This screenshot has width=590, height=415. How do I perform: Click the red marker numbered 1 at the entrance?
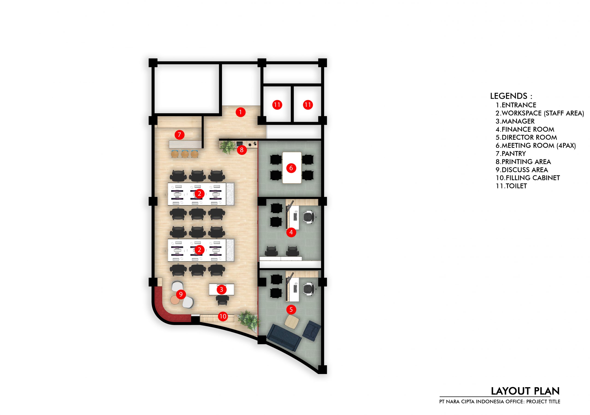[x=241, y=112]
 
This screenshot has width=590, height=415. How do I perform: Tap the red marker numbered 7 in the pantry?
[x=179, y=134]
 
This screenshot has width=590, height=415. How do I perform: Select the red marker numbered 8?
[x=242, y=150]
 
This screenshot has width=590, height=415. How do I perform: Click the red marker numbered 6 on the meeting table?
[x=291, y=168]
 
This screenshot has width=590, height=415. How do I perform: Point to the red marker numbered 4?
[x=291, y=232]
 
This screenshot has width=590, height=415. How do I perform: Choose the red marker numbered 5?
[x=291, y=310]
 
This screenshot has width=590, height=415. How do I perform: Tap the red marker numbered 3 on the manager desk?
[x=221, y=290]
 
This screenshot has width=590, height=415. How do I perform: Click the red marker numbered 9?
[x=181, y=294]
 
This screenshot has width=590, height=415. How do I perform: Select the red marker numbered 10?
[x=223, y=316]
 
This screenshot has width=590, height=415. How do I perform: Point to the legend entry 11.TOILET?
[x=511, y=186]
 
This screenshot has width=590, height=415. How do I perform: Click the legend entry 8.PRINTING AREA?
[x=523, y=162]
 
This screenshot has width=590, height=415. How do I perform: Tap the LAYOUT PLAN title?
[x=525, y=391]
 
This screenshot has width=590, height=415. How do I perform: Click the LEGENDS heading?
[x=511, y=96]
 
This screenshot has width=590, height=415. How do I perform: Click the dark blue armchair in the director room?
[x=311, y=331]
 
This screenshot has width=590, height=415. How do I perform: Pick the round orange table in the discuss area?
[x=175, y=300]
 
